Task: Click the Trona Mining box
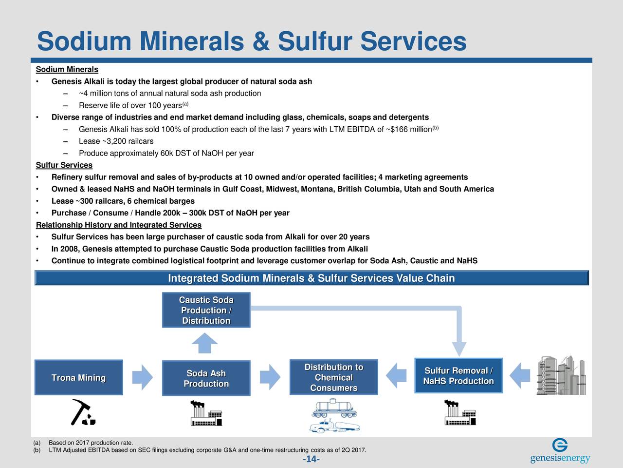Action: pyautogui.click(x=79, y=377)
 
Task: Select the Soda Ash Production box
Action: pyautogui.click(x=206, y=378)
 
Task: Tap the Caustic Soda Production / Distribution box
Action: pyautogui.click(x=206, y=310)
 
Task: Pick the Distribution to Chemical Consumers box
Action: pyautogui.click(x=334, y=377)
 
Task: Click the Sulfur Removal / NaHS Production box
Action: pyautogui.click(x=458, y=376)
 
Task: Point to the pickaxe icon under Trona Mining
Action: pyautogui.click(x=83, y=412)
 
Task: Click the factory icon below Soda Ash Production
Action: pyautogui.click(x=206, y=413)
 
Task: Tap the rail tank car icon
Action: pyautogui.click(x=334, y=408)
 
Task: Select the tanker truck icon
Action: pyautogui.click(x=334, y=426)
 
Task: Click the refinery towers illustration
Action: pyautogui.click(x=561, y=375)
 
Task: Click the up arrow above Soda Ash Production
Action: pyautogui.click(x=204, y=343)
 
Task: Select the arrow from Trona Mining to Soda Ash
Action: pyautogui.click(x=143, y=377)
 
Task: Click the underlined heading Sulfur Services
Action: pyautogui.click(x=64, y=165)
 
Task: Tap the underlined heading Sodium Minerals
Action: pyautogui.click(x=67, y=69)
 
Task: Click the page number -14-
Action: pyautogui.click(x=311, y=459)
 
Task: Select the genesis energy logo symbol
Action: pyautogui.click(x=560, y=445)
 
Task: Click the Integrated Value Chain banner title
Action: pyautogui.click(x=311, y=278)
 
